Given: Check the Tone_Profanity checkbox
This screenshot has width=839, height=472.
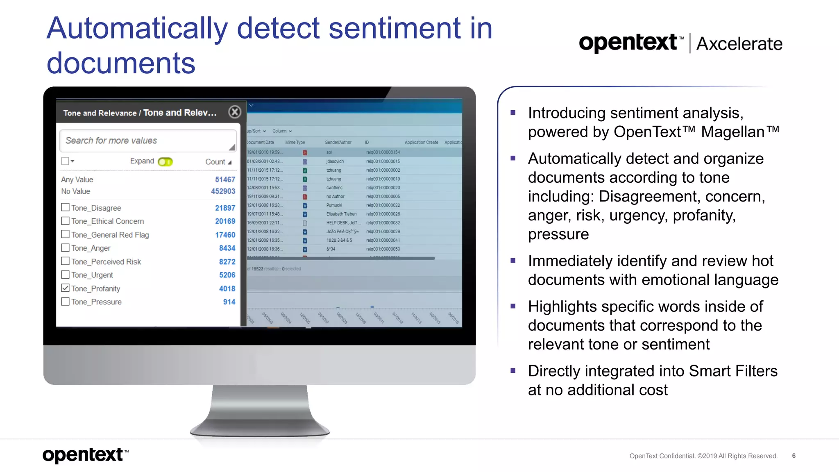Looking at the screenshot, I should coord(65,288).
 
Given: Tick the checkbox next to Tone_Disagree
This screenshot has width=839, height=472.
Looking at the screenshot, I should coord(65,207).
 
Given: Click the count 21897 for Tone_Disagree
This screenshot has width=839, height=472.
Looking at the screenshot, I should coord(225,208).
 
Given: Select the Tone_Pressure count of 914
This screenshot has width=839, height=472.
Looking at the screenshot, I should coord(229,302).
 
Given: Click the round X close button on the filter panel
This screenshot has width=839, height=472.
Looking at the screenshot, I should coord(235,112).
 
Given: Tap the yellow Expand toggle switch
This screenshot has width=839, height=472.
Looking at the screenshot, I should coord(166,161).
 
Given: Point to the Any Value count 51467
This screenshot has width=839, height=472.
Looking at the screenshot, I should coord(225,179).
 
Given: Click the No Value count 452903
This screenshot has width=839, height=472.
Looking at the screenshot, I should coord(223,191).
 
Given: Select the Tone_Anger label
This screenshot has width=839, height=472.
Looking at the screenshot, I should coord(91,248).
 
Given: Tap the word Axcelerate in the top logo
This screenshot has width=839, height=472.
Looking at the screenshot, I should coord(739,44).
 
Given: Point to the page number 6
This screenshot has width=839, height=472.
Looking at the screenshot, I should coord(794,456).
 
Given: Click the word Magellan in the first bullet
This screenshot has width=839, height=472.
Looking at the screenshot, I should coord(732,132).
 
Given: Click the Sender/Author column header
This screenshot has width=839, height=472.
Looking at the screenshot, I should coord(338,143).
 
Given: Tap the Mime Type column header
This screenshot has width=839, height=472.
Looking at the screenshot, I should coord(295,143).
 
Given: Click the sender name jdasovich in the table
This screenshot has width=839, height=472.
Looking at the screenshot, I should coord(335,161).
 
